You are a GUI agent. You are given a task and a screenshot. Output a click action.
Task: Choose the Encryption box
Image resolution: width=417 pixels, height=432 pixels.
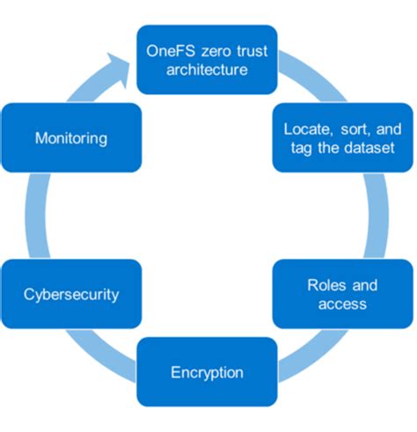[207, 372]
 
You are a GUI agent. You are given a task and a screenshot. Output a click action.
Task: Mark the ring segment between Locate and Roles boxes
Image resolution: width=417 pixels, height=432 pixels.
[380, 216]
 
